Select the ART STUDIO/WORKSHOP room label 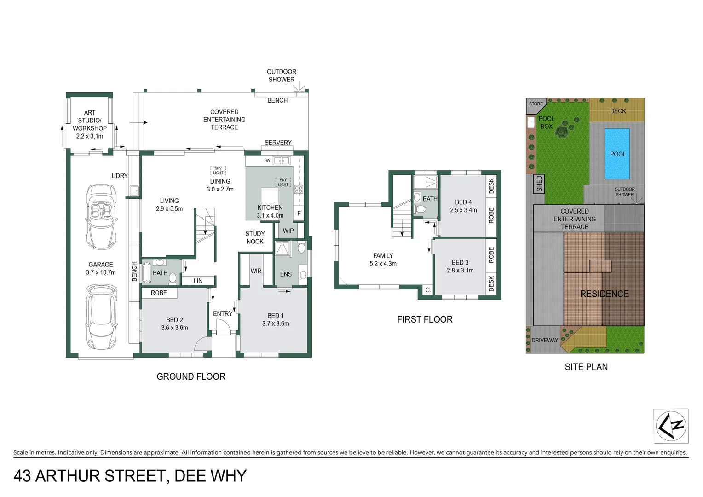(90, 124)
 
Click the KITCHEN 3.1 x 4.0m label (270, 212)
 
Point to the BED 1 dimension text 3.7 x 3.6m (276, 324)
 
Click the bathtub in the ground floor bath (147, 273)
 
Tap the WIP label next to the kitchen (288, 231)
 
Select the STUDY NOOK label (255, 237)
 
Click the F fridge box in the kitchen (299, 214)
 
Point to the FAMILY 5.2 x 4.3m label (383, 260)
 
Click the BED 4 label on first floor (463, 202)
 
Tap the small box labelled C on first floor (427, 290)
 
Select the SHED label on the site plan (539, 184)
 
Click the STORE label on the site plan (536, 104)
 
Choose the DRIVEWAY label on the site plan (544, 340)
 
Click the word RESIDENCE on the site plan (604, 294)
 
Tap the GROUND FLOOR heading (191, 376)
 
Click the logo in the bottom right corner (671, 426)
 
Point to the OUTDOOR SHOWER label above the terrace (282, 75)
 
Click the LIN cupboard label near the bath (198, 281)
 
